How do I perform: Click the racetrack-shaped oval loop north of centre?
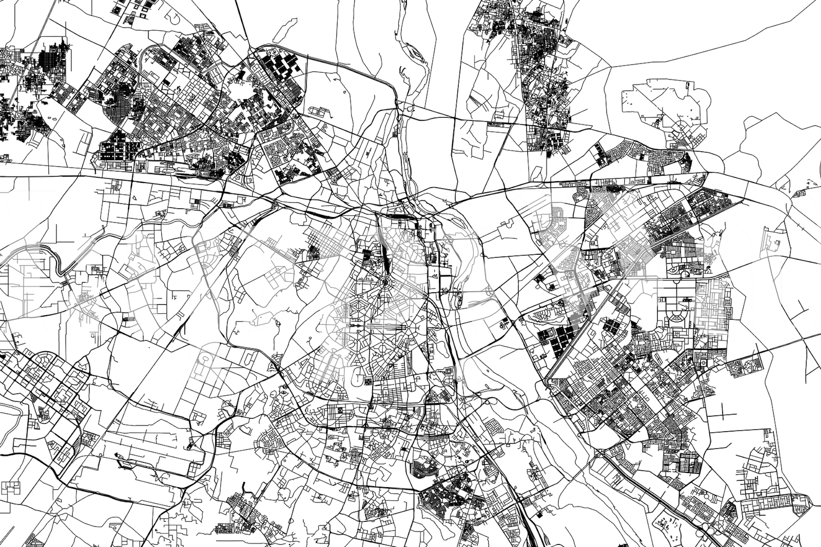(320, 112)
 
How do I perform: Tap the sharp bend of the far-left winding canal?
(61, 269)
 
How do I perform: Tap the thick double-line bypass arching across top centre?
(342, 64)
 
